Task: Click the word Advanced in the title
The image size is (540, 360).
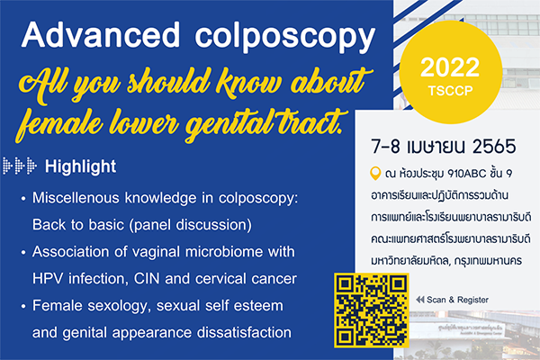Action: point(101,35)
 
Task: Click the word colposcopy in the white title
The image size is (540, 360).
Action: point(285,38)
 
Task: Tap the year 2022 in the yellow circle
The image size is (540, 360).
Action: point(450,67)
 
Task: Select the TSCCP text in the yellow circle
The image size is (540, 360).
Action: point(451,91)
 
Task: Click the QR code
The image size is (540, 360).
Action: point(372,310)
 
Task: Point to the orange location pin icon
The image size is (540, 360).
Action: point(375,174)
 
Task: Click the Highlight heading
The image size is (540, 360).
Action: point(81,166)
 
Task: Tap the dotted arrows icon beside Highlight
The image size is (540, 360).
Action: point(19,166)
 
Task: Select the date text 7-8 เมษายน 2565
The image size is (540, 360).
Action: point(444,146)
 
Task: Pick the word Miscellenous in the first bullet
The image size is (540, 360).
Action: point(76,198)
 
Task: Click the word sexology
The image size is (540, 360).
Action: point(120,306)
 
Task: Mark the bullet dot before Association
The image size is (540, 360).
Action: point(23,253)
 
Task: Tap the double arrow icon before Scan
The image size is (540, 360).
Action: point(419,300)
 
